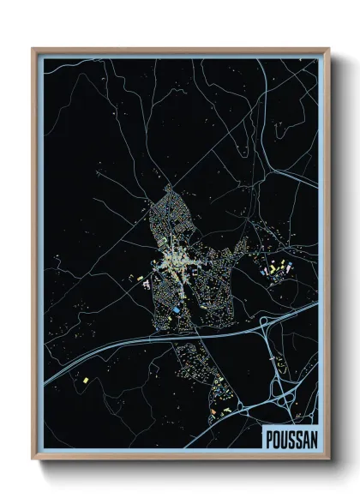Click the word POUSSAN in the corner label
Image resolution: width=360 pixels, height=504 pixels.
click(291, 436)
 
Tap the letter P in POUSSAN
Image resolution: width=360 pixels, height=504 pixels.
click(268, 436)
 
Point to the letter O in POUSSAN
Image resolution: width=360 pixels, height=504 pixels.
click(276, 436)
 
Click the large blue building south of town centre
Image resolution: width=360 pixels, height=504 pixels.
click(176, 309)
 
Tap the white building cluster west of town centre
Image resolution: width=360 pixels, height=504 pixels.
click(147, 279)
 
